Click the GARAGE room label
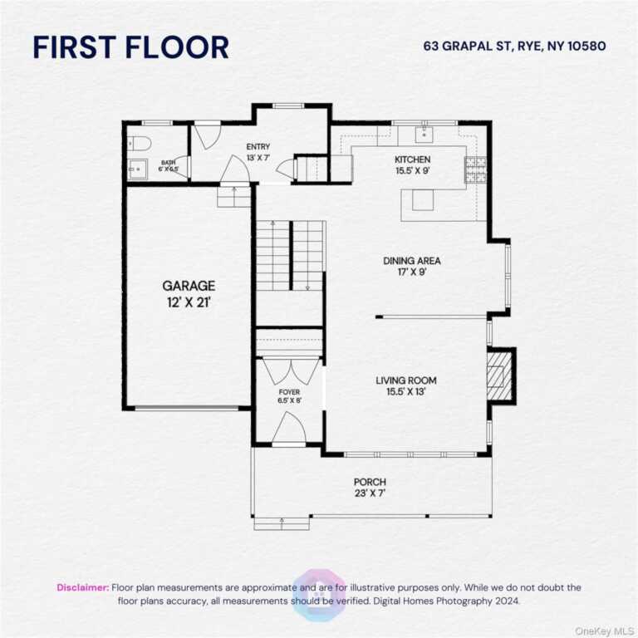pos(189,286)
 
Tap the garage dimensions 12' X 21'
pos(189,302)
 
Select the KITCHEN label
pos(413,159)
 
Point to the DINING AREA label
pos(412,260)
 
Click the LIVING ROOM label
pos(406,380)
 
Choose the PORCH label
pos(370,482)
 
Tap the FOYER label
pos(289,392)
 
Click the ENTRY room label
pos(258,146)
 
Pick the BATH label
pos(168,163)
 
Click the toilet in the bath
pos(139,143)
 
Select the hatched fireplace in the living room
pos(496,375)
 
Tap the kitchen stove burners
pos(475,169)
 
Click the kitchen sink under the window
pos(424,134)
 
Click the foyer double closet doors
pos(290,371)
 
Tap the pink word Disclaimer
pos(83,587)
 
